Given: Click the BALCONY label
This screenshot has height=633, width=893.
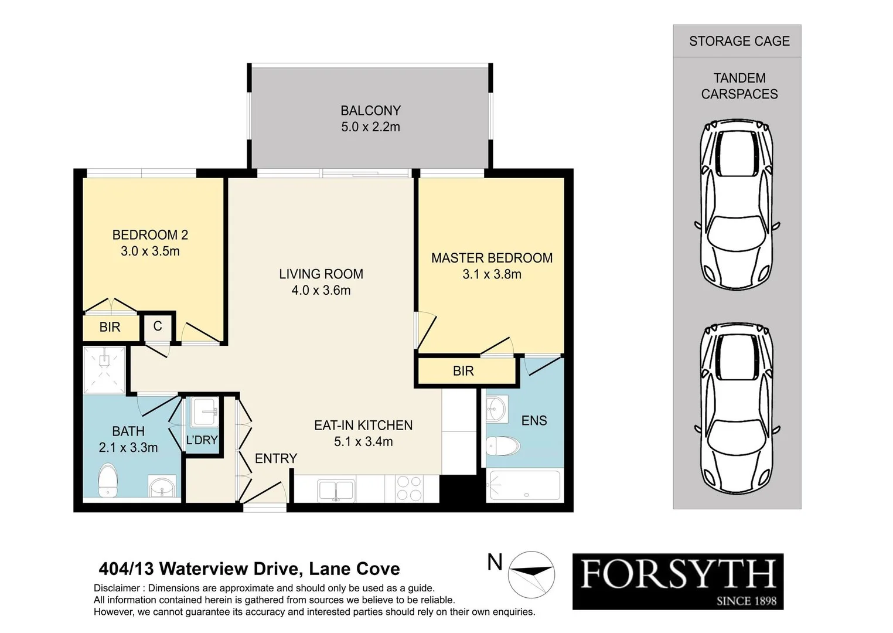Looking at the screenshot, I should click(x=370, y=111).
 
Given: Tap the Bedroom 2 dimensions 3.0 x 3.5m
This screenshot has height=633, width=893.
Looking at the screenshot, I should click(x=150, y=251).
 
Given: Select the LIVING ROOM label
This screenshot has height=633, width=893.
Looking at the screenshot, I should click(x=321, y=274).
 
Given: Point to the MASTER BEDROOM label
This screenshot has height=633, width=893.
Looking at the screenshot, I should click(x=492, y=258).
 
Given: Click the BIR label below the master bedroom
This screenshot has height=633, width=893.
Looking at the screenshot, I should click(x=463, y=371).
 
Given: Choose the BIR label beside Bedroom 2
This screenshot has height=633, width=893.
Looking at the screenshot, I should click(x=110, y=327).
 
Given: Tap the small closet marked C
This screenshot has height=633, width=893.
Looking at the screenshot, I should click(x=158, y=326).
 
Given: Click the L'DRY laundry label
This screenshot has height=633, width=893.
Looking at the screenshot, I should click(x=202, y=440).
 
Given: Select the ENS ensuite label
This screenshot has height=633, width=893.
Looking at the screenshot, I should click(x=534, y=420).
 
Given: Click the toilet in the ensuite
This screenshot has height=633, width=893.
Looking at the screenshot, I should click(x=503, y=447).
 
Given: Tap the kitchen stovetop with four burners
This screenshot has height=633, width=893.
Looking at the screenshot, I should click(x=409, y=488).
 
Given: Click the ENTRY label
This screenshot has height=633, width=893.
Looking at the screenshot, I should click(x=275, y=458).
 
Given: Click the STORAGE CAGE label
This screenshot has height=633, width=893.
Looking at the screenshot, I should click(x=739, y=41).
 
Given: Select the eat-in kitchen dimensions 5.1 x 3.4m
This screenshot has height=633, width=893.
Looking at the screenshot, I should click(x=363, y=442).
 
